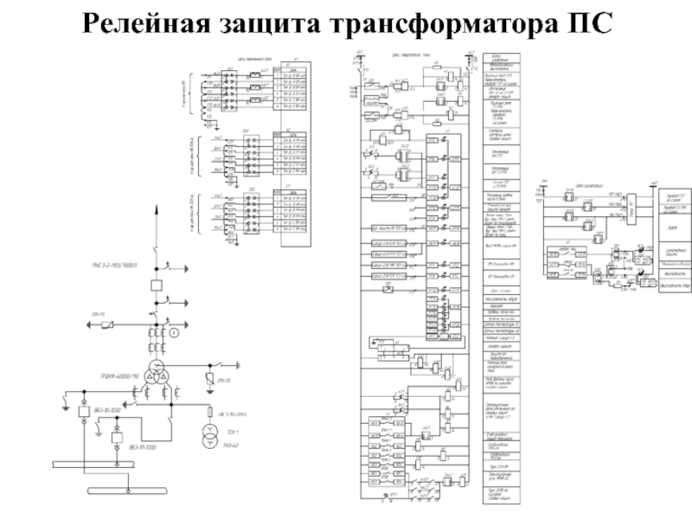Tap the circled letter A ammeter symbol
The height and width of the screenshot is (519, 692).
tap(174, 331)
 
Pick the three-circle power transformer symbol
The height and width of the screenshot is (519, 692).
tap(157, 373)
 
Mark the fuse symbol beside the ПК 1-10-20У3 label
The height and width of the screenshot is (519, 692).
tap(209, 410)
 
